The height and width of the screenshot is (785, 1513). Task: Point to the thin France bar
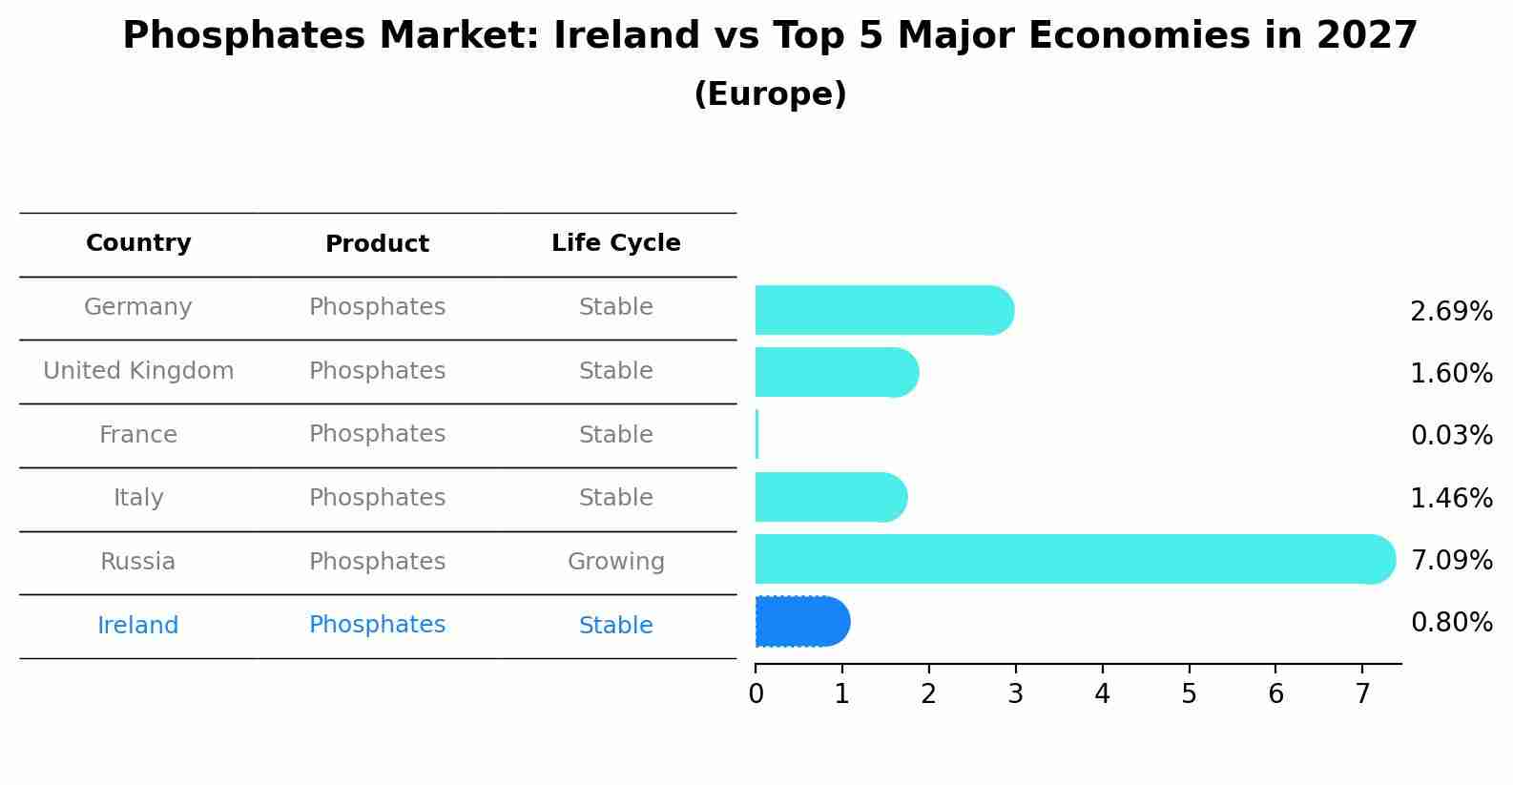click(x=756, y=435)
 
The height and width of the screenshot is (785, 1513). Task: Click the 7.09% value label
click(x=1451, y=560)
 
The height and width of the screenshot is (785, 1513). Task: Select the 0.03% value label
click(x=1451, y=436)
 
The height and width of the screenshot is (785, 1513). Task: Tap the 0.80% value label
click(x=1451, y=623)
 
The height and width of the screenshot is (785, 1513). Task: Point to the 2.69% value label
click(x=1451, y=312)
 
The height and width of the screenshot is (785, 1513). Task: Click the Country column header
click(x=138, y=243)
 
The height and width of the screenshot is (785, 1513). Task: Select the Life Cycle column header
click(x=615, y=243)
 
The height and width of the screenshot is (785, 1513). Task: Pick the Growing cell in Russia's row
click(x=615, y=562)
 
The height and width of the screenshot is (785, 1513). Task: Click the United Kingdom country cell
click(x=138, y=371)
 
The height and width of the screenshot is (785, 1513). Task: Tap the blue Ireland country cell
click(x=138, y=626)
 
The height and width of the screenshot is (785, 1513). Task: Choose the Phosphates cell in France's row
click(x=377, y=434)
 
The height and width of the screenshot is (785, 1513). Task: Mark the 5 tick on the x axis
click(x=1189, y=694)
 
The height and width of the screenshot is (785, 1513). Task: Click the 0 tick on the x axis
click(x=756, y=694)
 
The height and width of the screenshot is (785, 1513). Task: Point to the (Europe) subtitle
click(x=770, y=94)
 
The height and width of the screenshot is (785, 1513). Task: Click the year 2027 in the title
click(x=1367, y=36)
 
